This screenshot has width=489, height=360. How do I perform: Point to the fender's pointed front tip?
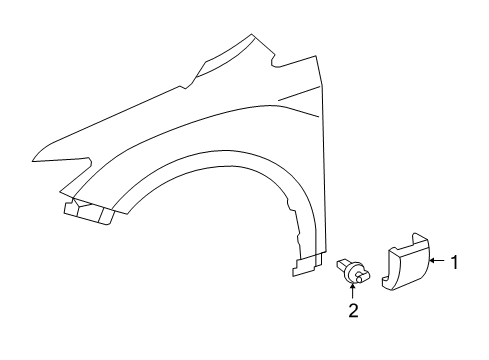coord(34,157)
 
